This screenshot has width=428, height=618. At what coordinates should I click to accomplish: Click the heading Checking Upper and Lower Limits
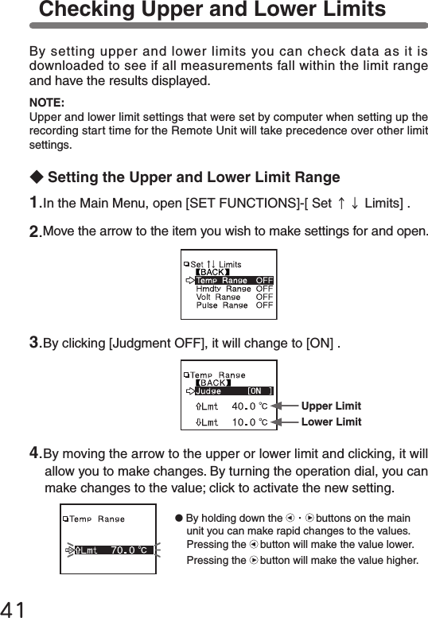(x=212, y=10)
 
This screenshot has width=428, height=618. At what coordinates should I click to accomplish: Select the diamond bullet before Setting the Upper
(x=36, y=177)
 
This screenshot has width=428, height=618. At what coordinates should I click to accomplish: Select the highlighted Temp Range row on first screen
(x=228, y=280)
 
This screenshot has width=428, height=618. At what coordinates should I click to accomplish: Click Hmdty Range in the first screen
(x=223, y=289)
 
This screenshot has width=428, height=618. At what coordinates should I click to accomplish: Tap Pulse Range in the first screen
(x=223, y=305)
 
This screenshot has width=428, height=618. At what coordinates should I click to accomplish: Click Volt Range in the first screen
(x=218, y=297)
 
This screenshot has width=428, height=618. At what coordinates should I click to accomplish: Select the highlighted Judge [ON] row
(x=229, y=391)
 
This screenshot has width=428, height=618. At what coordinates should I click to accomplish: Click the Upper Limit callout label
(x=331, y=406)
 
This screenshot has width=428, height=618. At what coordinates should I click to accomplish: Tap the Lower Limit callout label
(x=331, y=422)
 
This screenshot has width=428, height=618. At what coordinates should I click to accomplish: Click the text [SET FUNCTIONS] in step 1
(x=239, y=204)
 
